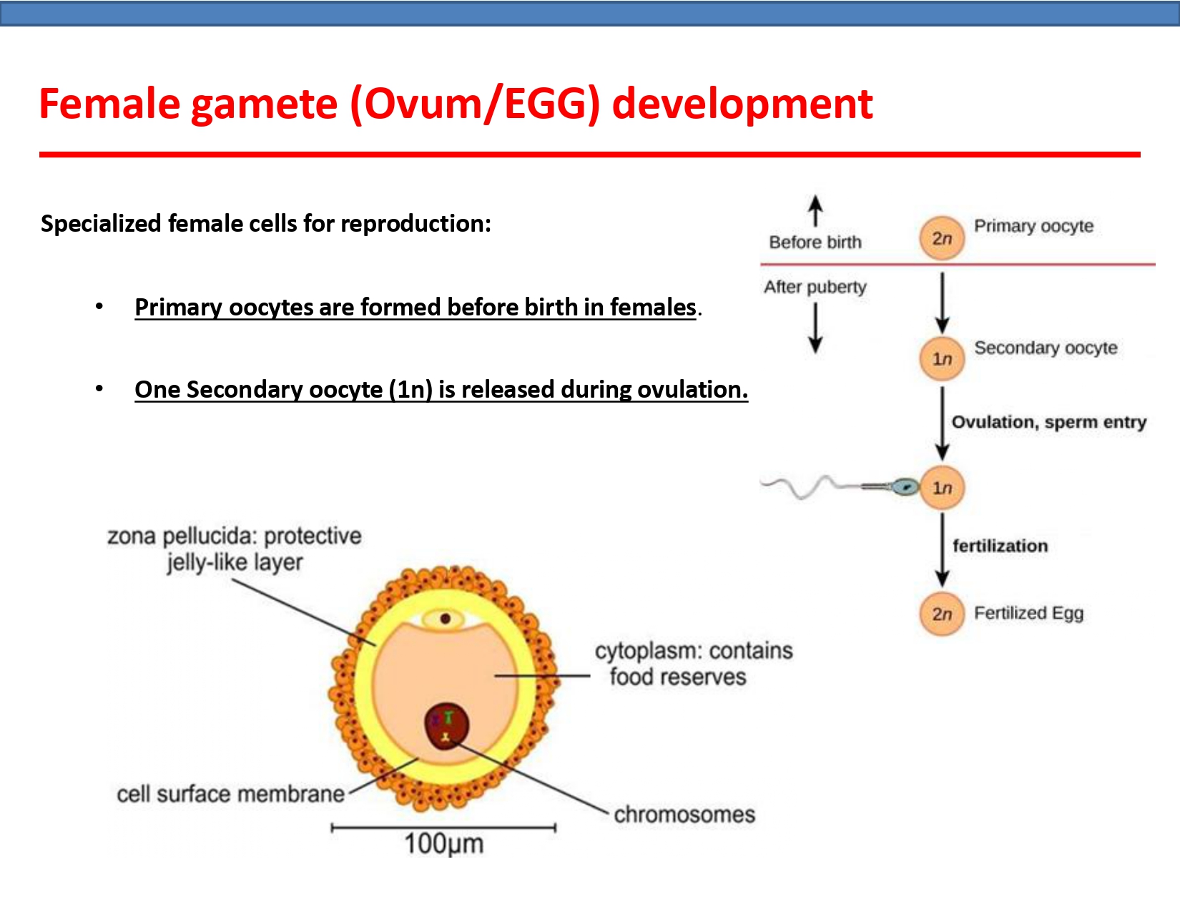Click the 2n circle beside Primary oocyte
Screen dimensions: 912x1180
(942, 238)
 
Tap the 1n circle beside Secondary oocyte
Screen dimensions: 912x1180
(942, 358)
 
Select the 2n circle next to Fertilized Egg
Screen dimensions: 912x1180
(942, 614)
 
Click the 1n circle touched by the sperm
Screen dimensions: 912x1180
(943, 488)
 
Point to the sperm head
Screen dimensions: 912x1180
(905, 487)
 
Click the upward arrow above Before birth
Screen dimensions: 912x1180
(815, 210)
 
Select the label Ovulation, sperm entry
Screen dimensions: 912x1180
(1048, 422)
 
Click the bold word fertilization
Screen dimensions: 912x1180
(1000, 546)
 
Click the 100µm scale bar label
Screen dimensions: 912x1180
(444, 844)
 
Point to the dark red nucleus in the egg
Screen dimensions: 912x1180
(446, 725)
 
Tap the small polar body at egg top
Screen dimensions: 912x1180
(445, 619)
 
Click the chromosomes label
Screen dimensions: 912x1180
(684, 814)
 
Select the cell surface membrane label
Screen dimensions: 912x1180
(230, 794)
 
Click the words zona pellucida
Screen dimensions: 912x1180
(180, 536)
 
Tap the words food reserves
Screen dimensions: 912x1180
(677, 677)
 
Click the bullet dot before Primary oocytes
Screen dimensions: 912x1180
(99, 307)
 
